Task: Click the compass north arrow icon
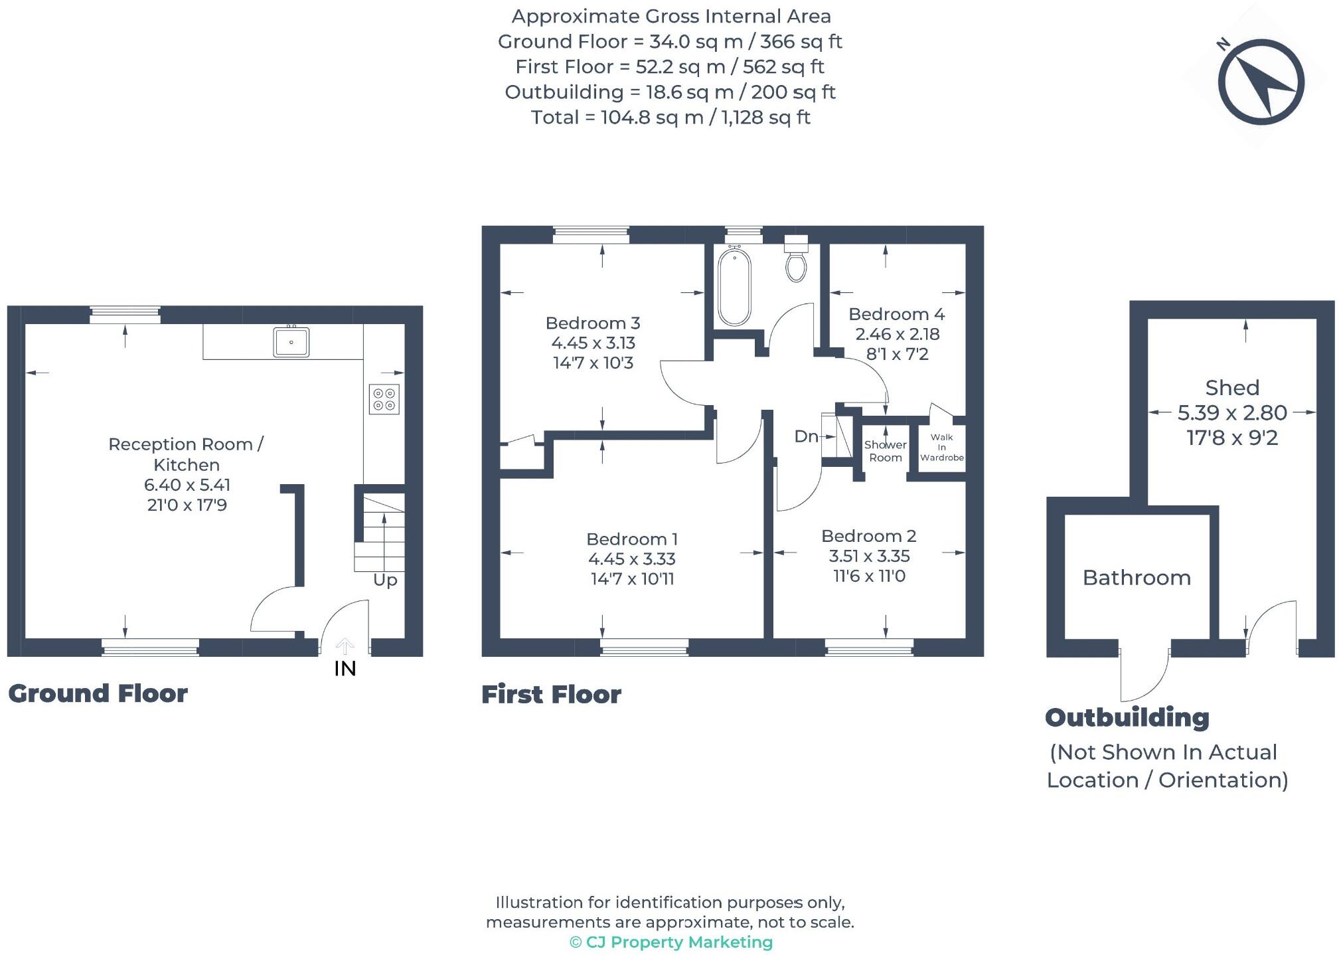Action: [1261, 82]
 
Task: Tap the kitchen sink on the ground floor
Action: [291, 342]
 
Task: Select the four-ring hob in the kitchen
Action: [384, 399]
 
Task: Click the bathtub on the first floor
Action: [734, 286]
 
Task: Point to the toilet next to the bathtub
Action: [796, 260]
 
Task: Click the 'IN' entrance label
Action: [345, 669]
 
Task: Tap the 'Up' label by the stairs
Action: [385, 580]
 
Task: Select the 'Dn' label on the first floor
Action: [806, 436]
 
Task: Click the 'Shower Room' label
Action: [886, 451]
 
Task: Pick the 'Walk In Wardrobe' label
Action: [941, 447]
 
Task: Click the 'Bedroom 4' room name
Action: [896, 314]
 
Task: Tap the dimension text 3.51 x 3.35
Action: [869, 556]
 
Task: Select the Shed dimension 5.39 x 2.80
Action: [1232, 413]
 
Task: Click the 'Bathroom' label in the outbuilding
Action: [1137, 578]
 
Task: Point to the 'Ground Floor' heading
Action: [98, 693]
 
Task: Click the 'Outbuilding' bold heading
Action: [1127, 717]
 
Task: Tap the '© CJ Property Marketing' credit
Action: [671, 942]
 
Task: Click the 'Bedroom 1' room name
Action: [632, 539]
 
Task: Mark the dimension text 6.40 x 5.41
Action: [187, 485]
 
